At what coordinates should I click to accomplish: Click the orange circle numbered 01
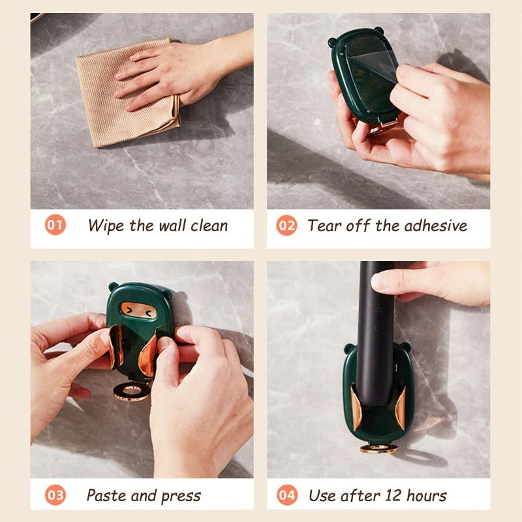click(x=55, y=224)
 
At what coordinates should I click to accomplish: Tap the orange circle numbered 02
click(x=286, y=225)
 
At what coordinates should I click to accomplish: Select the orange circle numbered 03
click(x=55, y=495)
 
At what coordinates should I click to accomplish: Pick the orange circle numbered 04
click(x=287, y=495)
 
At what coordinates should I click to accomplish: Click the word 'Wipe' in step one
click(x=106, y=226)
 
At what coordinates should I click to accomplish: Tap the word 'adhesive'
click(x=436, y=225)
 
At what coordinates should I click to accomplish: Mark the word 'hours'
click(x=427, y=495)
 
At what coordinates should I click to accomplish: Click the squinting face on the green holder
click(x=138, y=311)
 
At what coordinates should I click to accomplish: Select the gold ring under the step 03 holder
click(x=132, y=391)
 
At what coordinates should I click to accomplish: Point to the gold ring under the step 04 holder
click(x=379, y=448)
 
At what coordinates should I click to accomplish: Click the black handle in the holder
click(x=375, y=333)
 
